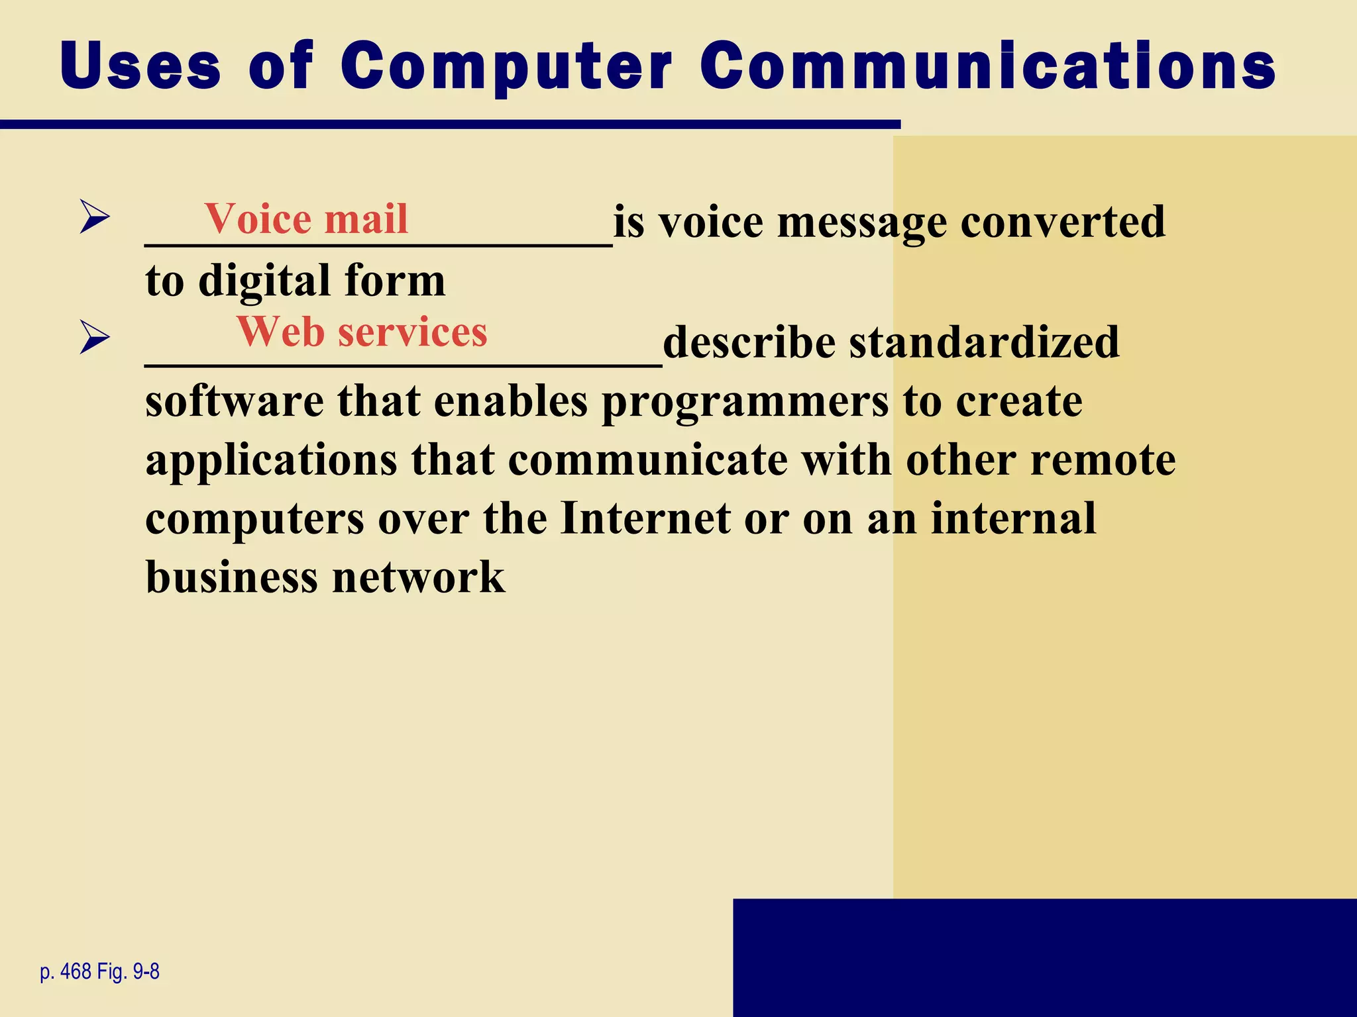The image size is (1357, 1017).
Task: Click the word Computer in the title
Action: coord(506,66)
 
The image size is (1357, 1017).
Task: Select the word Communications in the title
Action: coord(987,66)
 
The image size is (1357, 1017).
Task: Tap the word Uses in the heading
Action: coord(140,66)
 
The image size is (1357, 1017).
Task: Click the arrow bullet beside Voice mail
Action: coord(94,217)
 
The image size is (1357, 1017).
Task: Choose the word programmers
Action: coord(745,403)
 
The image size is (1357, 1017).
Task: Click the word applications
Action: coord(271,461)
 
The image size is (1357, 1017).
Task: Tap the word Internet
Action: coord(645,518)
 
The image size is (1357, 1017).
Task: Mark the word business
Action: coord(232,577)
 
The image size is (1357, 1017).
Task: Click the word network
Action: coord(418,577)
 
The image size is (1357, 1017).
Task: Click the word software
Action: coord(234,401)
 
